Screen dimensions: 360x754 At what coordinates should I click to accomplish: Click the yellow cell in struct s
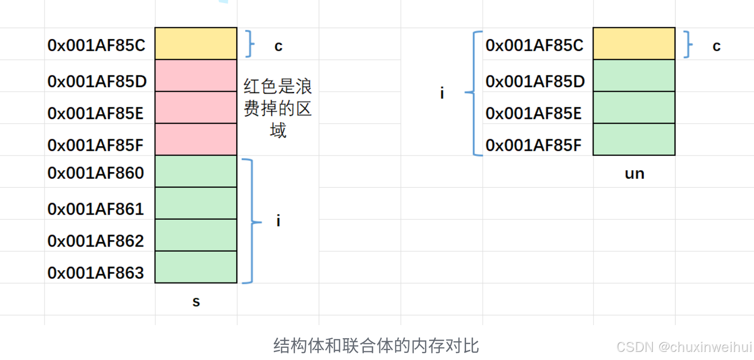click(196, 44)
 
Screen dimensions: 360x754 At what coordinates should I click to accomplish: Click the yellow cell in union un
click(634, 44)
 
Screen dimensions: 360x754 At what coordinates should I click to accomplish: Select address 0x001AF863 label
click(96, 272)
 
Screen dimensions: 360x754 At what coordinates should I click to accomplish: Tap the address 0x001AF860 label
click(96, 173)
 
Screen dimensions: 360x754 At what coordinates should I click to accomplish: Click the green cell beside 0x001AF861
click(196, 203)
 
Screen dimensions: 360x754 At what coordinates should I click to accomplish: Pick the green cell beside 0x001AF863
click(196, 267)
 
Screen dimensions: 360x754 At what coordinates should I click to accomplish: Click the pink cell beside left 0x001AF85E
click(196, 107)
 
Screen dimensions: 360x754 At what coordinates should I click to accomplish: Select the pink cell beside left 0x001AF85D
click(196, 75)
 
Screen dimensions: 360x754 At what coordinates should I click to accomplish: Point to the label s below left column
click(196, 302)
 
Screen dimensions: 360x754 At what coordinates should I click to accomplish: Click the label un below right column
click(634, 174)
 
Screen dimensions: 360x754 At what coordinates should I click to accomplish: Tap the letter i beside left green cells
click(278, 221)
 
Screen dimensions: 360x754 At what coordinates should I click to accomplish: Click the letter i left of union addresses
click(442, 94)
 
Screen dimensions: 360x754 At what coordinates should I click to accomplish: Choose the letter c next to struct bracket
click(278, 46)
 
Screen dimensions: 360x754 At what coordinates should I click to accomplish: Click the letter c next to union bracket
click(716, 46)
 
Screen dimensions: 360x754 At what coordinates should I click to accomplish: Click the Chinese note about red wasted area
click(278, 108)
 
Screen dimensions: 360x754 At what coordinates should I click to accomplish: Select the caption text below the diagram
click(376, 346)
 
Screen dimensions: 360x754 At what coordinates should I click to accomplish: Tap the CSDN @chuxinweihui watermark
click(684, 347)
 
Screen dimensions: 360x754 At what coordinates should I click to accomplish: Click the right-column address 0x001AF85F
click(533, 145)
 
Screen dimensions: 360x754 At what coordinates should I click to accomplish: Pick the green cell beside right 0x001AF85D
click(634, 75)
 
